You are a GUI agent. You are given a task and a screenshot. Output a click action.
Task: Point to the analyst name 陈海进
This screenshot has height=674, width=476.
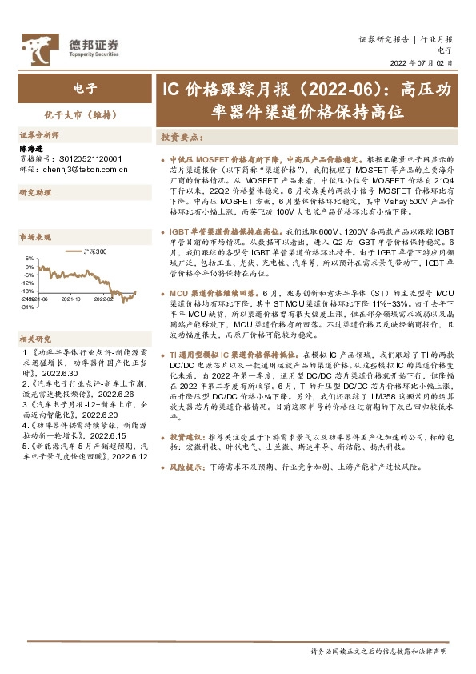pyautogui.click(x=30, y=148)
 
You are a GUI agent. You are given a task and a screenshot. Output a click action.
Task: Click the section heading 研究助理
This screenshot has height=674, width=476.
pyautogui.click(x=35, y=193)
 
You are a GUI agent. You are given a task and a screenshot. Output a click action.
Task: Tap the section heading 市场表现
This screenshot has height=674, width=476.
pyautogui.click(x=35, y=237)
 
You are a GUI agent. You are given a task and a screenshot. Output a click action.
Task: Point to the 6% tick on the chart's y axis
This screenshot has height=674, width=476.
pyautogui.click(x=30, y=259)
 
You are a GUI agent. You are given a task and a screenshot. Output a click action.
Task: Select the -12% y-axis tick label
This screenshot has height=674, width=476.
pyautogui.click(x=28, y=283)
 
